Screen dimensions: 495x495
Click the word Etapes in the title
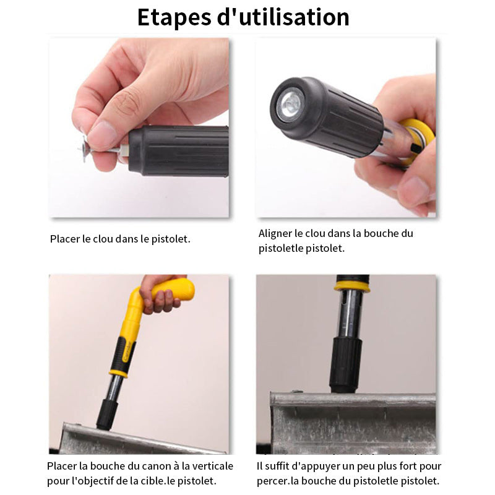(x=174, y=17)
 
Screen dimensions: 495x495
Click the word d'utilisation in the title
(x=283, y=17)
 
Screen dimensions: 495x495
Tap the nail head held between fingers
(x=84, y=148)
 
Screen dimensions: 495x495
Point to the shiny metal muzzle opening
(x=290, y=104)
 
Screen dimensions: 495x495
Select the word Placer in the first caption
(x=65, y=239)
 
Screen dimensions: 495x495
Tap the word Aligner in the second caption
(x=275, y=234)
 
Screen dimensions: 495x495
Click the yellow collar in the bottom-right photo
(x=351, y=286)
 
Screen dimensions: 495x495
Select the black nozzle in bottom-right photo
(x=345, y=365)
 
